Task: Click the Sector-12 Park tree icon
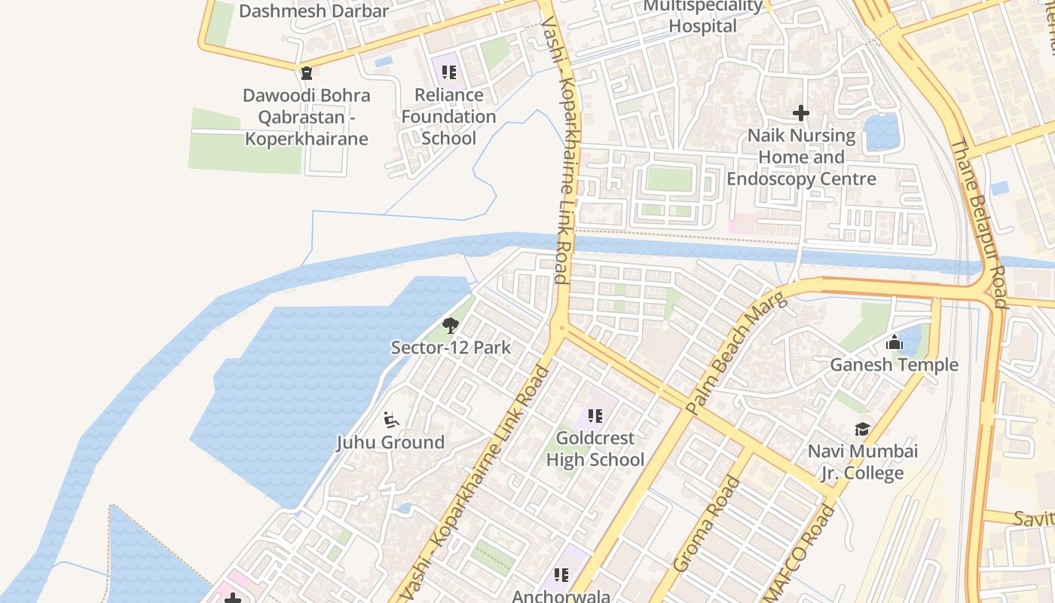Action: coord(451,326)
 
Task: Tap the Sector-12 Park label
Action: coord(451,347)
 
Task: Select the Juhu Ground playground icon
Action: coord(390,420)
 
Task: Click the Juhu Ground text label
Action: coord(390,442)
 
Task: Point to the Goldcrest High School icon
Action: coord(595,415)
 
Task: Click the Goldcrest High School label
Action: coord(595,448)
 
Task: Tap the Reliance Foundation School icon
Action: coord(449,72)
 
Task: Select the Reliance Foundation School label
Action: coord(449,116)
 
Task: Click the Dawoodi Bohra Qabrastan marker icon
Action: coord(306,73)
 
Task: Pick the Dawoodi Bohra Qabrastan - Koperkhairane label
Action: coord(306,117)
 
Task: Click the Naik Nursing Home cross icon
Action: coord(801,114)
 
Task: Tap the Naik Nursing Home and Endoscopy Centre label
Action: coord(801,158)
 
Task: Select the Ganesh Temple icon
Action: coord(894,343)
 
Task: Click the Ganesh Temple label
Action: coord(894,365)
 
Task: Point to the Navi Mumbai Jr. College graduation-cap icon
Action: coord(862,430)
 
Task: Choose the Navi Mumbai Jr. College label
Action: coord(863,462)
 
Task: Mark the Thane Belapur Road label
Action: coord(978,223)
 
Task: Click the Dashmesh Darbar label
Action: coord(313,11)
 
